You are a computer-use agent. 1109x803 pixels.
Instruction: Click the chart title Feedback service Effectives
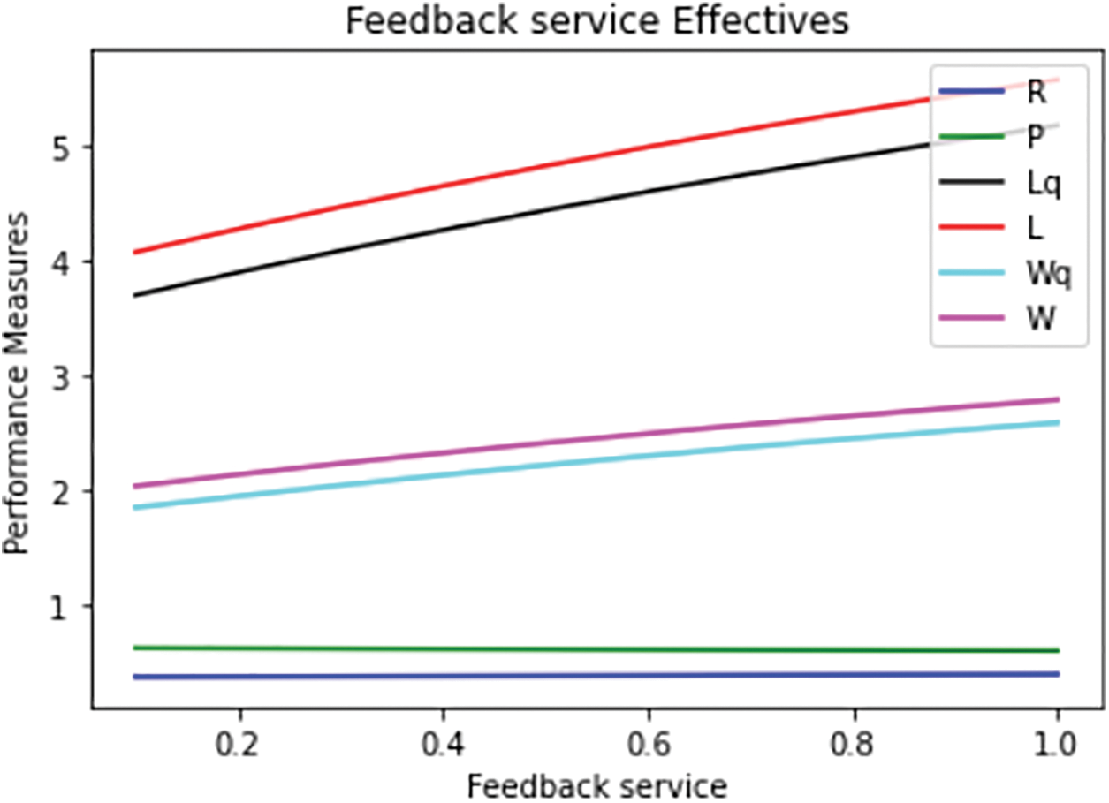(x=596, y=21)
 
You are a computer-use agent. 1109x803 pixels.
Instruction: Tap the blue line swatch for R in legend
(x=972, y=91)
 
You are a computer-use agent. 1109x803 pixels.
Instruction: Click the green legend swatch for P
(x=972, y=136)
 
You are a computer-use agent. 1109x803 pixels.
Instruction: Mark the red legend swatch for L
(x=972, y=227)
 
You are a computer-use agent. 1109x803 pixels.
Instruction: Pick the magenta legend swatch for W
(x=972, y=317)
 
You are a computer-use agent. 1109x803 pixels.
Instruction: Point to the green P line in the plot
(x=530, y=649)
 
